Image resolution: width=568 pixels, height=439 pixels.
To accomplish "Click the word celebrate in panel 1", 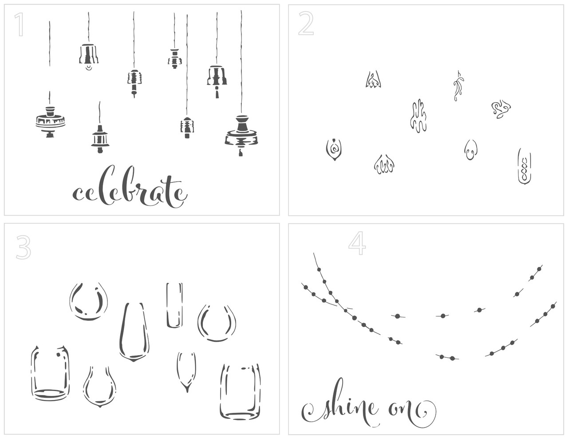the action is click(130, 187).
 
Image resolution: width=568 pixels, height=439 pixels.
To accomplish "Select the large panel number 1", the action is click(20, 24).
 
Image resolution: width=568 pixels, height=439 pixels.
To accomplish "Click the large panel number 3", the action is click(24, 247).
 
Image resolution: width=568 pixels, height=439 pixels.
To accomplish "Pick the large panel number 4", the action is click(357, 243).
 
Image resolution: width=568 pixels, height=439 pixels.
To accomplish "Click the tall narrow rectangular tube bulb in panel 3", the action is click(174, 305).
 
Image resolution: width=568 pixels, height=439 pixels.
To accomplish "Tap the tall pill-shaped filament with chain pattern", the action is click(525, 166).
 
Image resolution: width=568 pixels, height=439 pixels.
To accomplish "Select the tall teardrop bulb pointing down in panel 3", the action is click(134, 332).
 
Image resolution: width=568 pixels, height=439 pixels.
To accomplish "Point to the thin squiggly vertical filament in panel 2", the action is click(458, 86).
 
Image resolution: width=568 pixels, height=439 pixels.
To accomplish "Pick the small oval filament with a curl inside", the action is click(470, 150).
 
